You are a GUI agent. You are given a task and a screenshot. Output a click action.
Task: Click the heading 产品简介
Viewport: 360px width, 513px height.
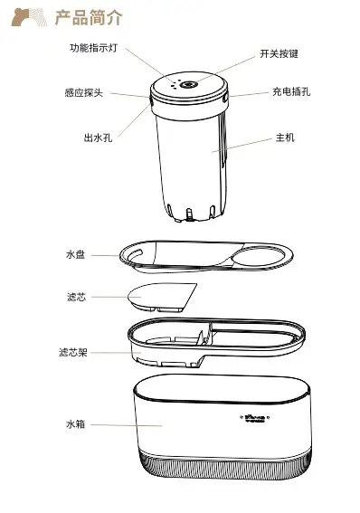coord(89,18)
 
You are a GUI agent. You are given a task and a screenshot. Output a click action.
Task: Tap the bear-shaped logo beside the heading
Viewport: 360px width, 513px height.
coord(29,17)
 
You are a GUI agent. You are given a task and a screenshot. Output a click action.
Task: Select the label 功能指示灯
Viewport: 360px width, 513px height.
coord(93,48)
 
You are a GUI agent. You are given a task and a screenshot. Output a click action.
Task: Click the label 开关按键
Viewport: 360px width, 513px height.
coord(279,53)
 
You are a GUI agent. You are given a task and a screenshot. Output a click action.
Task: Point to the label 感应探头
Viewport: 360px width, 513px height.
coord(84,92)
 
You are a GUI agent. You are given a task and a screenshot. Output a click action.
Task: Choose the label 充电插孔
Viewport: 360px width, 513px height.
coord(291,91)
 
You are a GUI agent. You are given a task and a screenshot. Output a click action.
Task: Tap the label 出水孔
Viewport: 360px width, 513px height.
coord(98,138)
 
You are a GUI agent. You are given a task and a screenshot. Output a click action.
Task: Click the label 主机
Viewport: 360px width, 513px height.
coord(285,138)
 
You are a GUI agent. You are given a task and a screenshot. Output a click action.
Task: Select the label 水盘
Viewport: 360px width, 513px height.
coord(76,254)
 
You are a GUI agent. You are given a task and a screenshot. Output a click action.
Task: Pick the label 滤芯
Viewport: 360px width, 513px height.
coord(76,297)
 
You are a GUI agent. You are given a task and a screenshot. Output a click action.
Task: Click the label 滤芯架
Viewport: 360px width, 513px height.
coord(73,352)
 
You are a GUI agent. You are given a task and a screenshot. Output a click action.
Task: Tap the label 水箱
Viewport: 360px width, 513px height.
coord(76,424)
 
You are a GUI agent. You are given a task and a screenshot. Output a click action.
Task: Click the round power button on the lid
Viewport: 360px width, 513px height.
coord(189,85)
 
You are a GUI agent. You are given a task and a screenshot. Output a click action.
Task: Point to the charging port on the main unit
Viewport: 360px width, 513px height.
coord(225,99)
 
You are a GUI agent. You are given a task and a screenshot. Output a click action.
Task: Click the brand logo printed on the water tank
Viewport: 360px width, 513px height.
coord(257,418)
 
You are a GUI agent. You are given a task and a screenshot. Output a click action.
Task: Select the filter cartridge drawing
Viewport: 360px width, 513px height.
coord(162,298)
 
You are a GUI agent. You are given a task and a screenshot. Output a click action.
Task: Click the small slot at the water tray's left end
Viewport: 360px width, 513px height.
coord(136,253)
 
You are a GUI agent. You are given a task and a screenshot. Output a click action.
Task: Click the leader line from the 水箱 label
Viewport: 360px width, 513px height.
coord(127,425)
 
